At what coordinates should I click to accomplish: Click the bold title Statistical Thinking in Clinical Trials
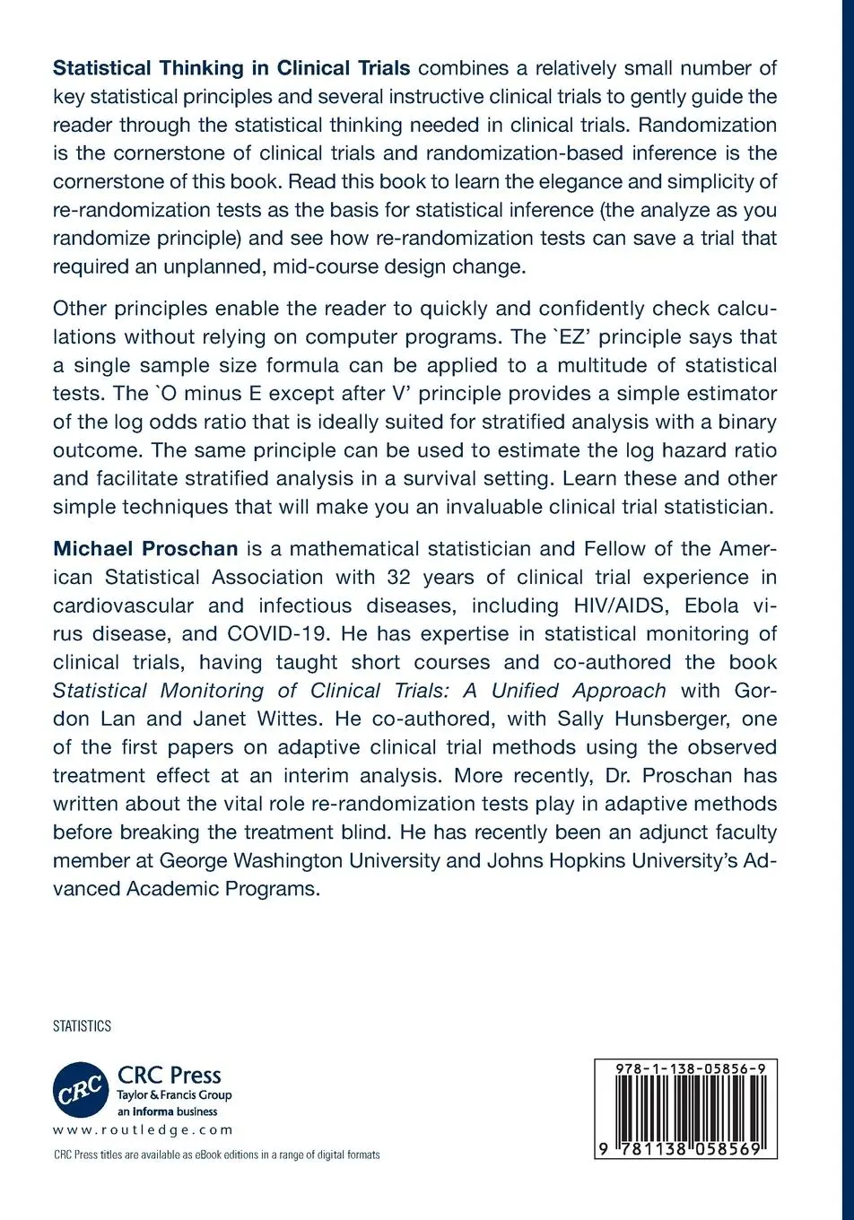click(231, 68)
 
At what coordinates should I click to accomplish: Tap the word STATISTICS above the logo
click(82, 1026)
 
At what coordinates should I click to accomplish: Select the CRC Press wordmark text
click(170, 1075)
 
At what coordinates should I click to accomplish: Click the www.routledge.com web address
click(143, 1130)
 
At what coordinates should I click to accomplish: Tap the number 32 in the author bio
click(403, 577)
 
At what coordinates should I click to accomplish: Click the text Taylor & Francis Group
click(175, 1094)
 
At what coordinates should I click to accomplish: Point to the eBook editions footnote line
click(216, 1155)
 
